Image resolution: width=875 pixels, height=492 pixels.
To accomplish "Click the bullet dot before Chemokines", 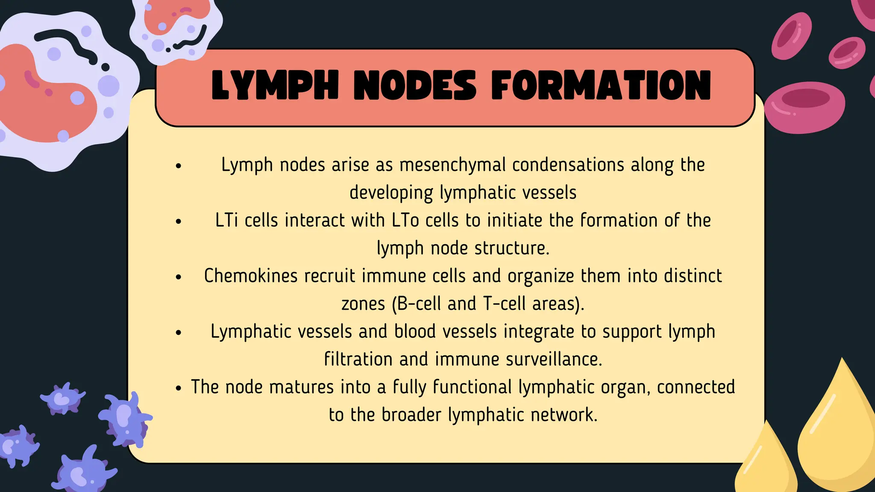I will point(179,277).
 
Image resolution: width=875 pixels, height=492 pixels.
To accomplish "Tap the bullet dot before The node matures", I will point(179,388).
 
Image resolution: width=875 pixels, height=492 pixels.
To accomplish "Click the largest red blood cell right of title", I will point(805,108).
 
